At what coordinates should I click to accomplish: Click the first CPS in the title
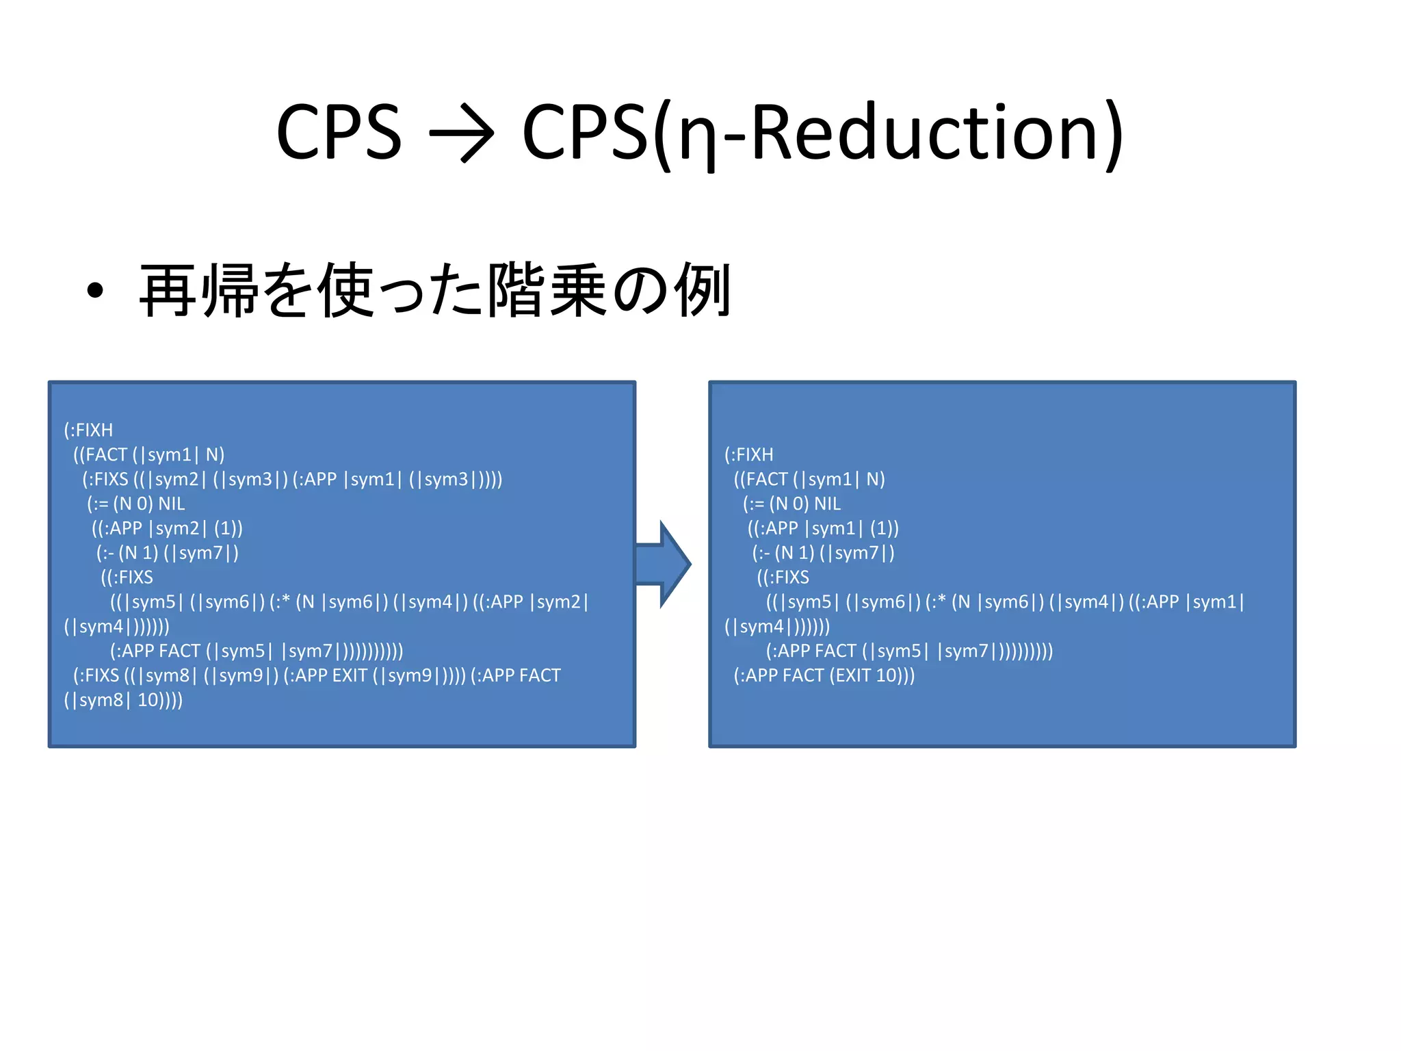[x=339, y=131]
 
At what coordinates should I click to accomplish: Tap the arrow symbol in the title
[x=461, y=133]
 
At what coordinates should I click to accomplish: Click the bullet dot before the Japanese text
[x=95, y=291]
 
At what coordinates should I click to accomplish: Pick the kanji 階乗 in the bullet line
[x=547, y=291]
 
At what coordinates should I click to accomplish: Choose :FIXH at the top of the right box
[x=751, y=455]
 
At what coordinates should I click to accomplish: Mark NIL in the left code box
[x=172, y=504]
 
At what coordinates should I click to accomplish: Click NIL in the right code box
[x=827, y=504]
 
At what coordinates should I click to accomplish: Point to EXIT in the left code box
[x=349, y=676]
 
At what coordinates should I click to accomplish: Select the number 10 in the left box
[x=149, y=701]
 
